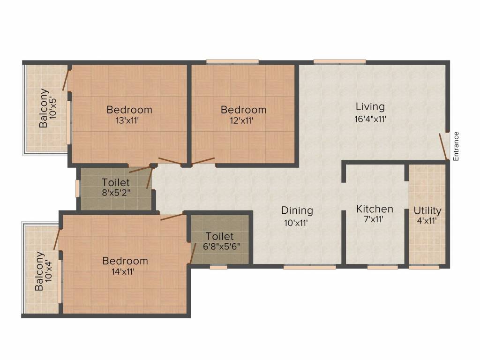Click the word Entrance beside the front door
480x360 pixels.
coord(456,146)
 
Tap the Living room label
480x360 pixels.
coord(370,107)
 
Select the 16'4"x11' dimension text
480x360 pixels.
coord(370,119)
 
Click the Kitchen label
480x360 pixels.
coord(375,209)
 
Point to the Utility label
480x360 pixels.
coord(427,210)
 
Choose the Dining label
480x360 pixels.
coord(297,210)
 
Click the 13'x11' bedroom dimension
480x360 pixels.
coord(127,120)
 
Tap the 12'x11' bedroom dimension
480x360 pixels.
coord(241,120)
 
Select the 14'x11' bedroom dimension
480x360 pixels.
coord(123,271)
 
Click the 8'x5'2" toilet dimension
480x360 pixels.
coord(116,193)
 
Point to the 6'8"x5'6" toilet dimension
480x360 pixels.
coord(221,247)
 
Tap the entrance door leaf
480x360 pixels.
coord(443,146)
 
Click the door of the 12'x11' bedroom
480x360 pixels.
coord(203,161)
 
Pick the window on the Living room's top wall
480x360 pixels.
coord(339,62)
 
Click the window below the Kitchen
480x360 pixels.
coord(382,267)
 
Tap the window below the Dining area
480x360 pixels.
coord(309,267)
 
